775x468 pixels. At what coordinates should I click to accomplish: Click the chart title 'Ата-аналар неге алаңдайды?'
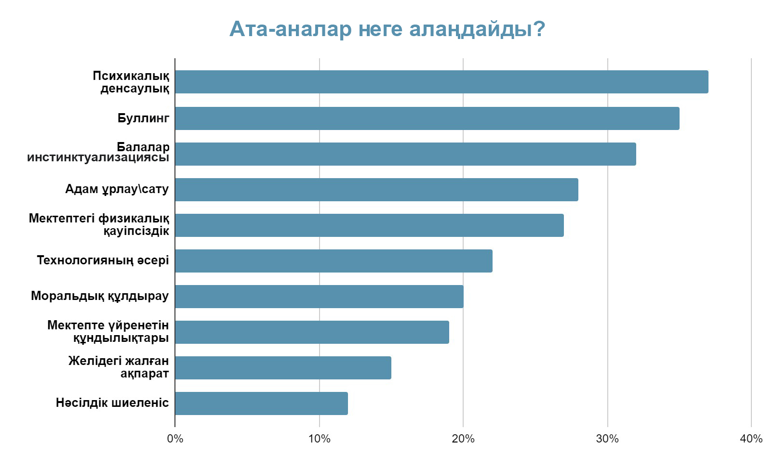387,29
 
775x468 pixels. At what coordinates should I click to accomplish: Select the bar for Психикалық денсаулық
441,82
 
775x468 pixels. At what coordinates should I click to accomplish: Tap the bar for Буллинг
427,118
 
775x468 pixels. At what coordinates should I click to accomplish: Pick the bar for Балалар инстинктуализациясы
405,154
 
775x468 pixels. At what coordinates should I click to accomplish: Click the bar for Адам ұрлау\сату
376,190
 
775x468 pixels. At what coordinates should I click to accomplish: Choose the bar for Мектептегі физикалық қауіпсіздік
369,225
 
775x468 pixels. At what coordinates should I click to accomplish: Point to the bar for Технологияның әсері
334,261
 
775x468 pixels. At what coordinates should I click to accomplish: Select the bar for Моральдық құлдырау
319,297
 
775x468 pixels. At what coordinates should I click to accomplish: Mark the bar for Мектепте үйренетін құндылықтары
312,332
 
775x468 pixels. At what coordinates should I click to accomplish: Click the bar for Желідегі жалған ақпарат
283,368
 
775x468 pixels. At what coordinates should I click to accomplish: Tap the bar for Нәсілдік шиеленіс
261,403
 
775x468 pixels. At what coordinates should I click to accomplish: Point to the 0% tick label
175,439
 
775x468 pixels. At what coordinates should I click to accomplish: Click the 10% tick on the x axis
319,439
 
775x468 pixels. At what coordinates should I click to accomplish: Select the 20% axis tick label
463,439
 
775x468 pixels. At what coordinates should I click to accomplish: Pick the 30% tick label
607,439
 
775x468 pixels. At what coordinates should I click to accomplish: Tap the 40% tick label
751,439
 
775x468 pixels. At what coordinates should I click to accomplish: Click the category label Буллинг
143,118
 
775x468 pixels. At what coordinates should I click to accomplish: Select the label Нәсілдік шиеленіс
112,403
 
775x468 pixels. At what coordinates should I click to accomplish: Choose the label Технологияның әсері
103,260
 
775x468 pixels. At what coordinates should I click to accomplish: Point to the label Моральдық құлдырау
100,296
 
